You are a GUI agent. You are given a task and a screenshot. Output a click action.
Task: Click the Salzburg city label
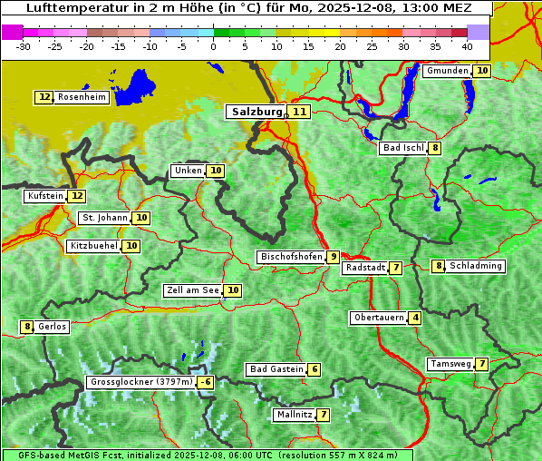[256, 112]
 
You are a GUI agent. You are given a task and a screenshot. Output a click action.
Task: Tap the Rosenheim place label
[81, 97]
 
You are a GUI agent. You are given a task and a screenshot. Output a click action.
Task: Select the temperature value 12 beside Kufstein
[77, 195]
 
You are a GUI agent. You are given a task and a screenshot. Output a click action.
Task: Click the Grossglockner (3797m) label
[141, 382]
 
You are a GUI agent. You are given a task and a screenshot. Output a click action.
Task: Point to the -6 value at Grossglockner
[206, 382]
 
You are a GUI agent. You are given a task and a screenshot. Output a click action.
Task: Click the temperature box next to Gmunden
[482, 71]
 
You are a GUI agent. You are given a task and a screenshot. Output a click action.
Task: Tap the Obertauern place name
[378, 318]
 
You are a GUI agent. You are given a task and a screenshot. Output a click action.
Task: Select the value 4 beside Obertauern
[414, 318]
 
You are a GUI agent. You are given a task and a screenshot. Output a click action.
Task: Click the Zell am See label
[193, 290]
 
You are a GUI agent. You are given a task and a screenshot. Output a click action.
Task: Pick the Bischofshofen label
[291, 257]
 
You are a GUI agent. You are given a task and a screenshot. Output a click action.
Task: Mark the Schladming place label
[476, 266]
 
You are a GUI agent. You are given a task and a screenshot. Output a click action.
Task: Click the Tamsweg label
[450, 364]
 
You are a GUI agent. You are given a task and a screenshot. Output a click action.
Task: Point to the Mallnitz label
[294, 415]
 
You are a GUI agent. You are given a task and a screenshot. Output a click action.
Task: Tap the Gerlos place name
[53, 327]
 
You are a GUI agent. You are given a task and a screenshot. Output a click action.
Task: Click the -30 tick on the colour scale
[24, 46]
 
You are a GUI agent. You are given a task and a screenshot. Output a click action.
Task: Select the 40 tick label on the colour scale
[467, 46]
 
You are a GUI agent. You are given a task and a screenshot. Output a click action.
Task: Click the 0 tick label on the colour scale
[213, 46]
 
